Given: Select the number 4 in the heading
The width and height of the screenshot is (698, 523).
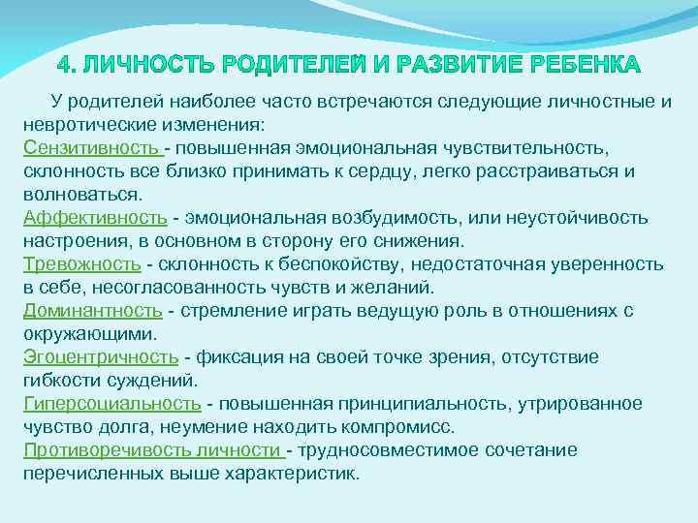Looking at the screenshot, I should pos(64,66).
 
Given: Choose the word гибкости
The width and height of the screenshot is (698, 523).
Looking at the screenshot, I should pos(64,381).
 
